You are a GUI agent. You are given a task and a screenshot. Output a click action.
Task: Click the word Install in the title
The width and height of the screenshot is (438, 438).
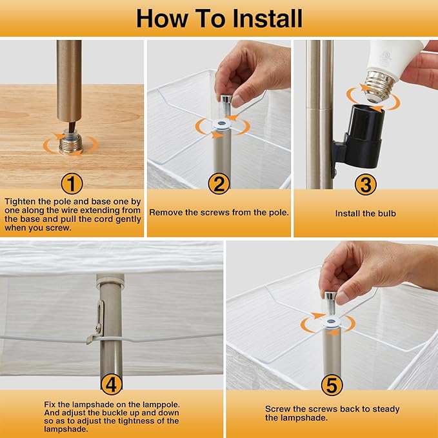click(267, 19)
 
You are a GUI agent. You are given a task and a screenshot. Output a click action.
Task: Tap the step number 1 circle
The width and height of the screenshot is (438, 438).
click(72, 184)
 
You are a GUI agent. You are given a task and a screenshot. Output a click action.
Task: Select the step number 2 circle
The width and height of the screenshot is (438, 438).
click(219, 184)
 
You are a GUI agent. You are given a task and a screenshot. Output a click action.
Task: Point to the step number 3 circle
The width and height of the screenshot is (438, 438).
click(365, 184)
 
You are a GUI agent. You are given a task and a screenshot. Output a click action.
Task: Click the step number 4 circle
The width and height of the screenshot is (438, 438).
click(112, 384)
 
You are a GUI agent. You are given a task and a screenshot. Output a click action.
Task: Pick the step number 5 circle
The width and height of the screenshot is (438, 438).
click(332, 385)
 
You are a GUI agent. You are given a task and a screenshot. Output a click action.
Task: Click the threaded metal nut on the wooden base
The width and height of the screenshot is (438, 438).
click(70, 143)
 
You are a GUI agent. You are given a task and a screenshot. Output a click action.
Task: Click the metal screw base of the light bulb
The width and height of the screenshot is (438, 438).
click(379, 86)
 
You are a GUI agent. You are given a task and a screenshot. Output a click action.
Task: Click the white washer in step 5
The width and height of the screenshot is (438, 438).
click(332, 321)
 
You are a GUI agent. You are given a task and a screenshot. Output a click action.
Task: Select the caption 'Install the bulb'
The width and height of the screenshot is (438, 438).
click(365, 214)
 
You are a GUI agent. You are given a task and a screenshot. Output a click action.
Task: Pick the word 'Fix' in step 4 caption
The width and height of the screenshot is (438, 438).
click(49, 404)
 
